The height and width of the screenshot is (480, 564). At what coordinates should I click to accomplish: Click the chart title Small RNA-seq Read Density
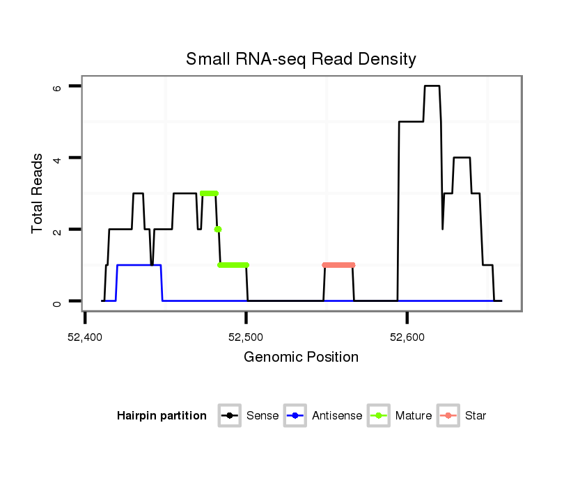click(301, 59)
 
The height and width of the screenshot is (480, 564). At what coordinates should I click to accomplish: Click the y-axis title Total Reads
click(39, 193)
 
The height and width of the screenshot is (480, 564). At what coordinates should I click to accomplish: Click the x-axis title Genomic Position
click(301, 358)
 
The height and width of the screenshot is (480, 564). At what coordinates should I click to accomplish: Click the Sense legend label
click(263, 416)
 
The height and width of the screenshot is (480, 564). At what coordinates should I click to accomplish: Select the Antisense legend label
click(337, 416)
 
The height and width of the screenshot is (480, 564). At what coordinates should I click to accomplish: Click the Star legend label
click(476, 416)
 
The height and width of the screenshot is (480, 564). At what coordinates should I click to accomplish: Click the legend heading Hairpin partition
click(162, 416)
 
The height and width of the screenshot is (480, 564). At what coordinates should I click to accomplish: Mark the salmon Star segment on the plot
click(339, 265)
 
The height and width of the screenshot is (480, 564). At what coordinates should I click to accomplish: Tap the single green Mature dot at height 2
click(218, 229)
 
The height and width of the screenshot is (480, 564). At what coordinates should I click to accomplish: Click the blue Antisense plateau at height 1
click(139, 265)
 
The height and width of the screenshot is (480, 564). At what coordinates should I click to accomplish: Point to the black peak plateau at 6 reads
click(432, 86)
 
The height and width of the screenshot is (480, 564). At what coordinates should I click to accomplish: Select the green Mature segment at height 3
click(209, 193)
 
